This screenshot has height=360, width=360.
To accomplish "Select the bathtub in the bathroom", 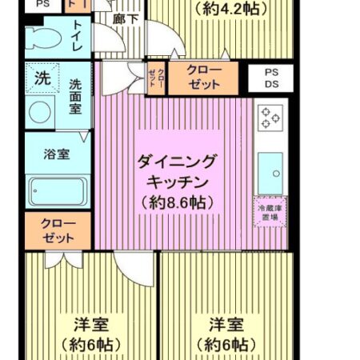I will click(57, 192).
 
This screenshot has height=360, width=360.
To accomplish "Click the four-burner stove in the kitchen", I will click(270, 118).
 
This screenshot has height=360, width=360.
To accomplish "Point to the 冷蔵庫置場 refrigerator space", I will click(269, 212).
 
